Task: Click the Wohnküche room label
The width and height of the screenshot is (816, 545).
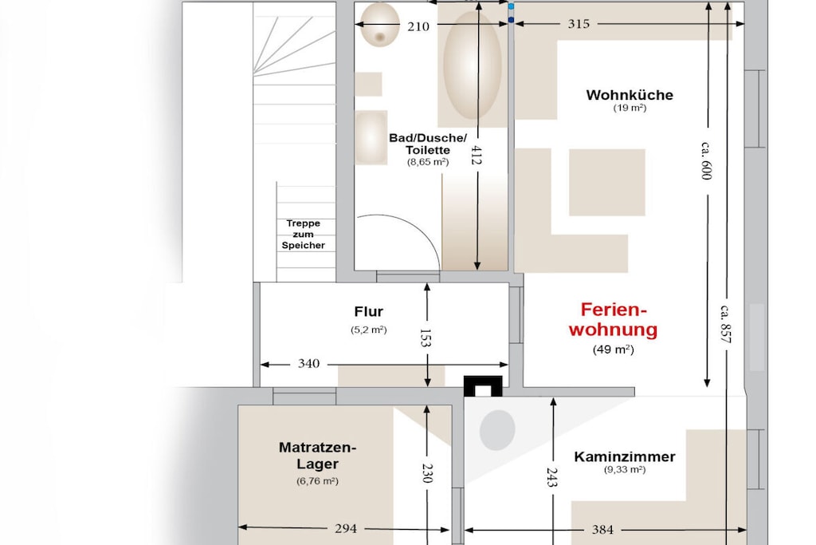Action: click(x=630, y=95)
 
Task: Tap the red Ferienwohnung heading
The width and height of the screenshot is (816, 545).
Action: click(x=613, y=319)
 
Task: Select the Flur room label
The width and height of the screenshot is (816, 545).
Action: click(x=368, y=311)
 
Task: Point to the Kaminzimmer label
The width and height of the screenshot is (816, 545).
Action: click(x=625, y=456)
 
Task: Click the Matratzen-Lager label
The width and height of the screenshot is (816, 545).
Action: click(x=317, y=456)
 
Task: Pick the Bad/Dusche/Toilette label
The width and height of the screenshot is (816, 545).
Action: click(x=428, y=144)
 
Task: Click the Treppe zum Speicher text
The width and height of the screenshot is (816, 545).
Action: click(x=304, y=234)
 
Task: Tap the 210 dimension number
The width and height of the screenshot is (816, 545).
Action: click(x=418, y=26)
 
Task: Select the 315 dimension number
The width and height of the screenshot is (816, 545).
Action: click(x=579, y=23)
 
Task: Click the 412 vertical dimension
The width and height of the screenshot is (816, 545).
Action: click(x=476, y=156)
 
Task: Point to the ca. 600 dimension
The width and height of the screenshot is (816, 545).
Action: click(x=706, y=160)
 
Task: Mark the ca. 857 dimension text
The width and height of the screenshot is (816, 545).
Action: click(x=725, y=324)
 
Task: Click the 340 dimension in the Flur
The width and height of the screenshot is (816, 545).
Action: click(x=308, y=364)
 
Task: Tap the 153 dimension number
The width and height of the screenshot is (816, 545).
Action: click(x=426, y=338)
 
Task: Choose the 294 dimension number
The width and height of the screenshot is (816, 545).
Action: click(x=346, y=529)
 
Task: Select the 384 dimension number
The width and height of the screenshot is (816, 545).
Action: click(x=602, y=530)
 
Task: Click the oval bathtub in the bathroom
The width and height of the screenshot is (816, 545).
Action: click(x=472, y=65)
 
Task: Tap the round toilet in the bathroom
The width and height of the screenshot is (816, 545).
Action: click(x=380, y=24)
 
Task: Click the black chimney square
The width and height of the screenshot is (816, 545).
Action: click(x=483, y=386)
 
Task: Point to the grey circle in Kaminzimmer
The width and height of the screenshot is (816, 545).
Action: click(x=497, y=430)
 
